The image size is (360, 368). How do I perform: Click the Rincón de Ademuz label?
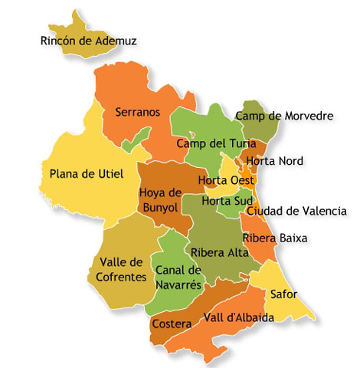(88, 41)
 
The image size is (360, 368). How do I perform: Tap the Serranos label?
(138, 112)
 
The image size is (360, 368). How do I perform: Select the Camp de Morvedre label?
(284, 117)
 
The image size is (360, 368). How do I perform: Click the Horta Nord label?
(275, 161)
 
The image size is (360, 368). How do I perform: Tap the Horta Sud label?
(227, 202)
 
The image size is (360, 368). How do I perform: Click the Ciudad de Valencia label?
(296, 211)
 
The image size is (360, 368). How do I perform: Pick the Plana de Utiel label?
(87, 174)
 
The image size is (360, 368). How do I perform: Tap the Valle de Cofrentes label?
(122, 270)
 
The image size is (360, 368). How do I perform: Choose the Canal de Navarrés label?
(178, 278)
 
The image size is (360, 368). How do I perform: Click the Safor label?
(283, 294)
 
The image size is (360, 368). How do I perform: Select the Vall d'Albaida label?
(239, 318)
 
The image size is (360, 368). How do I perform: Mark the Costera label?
(172, 324)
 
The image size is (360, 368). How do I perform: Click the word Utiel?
(108, 174)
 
